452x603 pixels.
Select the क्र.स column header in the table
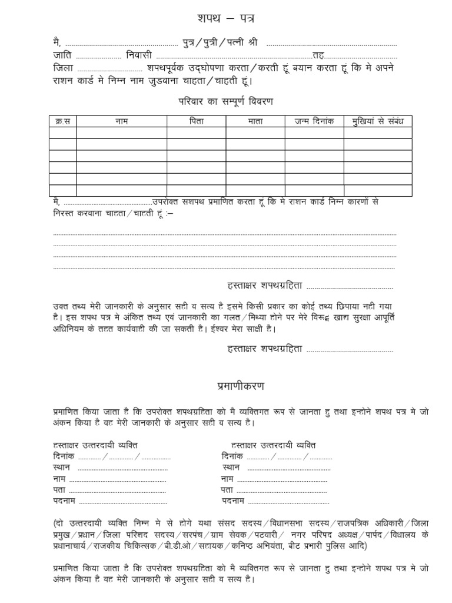62,121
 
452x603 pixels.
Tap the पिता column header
196,121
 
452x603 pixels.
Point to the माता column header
255,121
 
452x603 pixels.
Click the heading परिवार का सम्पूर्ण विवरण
226,101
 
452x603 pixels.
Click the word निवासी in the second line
139,55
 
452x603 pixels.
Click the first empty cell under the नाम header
121,133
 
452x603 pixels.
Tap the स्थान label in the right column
232,468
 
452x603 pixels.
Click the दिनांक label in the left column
65,456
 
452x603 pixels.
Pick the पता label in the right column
227,490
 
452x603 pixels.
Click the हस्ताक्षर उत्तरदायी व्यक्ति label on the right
273,445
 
